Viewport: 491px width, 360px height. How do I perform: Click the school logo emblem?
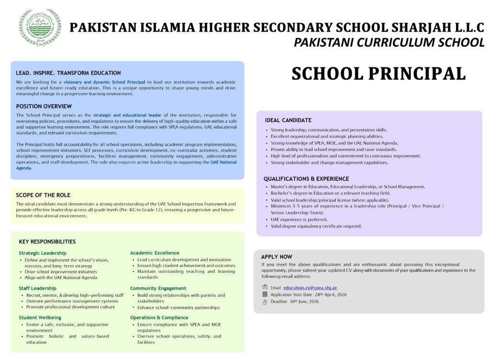(34, 27)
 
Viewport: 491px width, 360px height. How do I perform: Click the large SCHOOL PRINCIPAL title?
(378, 73)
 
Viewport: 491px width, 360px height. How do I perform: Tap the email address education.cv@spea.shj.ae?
(310, 288)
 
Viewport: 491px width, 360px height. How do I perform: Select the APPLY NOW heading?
(277, 257)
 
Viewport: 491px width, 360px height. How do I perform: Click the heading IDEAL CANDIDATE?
(288, 120)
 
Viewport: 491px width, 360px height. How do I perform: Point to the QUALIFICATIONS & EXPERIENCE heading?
(306, 179)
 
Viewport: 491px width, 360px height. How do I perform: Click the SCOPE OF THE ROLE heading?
(43, 195)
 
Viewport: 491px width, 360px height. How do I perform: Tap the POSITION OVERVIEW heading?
(44, 106)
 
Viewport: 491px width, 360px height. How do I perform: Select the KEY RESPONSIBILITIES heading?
(47, 242)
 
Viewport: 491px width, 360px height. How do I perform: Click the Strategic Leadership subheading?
(43, 253)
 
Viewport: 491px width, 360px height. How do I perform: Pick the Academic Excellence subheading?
(154, 253)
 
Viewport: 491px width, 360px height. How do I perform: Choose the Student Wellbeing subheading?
(40, 317)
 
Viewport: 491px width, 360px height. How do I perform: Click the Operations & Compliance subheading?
(159, 317)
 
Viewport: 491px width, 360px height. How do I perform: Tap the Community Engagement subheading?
(158, 288)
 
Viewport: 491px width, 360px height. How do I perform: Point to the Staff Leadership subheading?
(37, 288)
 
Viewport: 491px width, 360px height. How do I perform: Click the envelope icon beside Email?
(265, 288)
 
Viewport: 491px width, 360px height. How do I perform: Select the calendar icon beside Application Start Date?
(265, 294)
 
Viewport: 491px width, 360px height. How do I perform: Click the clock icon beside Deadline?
(265, 302)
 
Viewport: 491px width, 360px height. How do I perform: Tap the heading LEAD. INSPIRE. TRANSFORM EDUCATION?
(68, 73)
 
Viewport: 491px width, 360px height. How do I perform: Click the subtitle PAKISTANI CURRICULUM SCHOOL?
(389, 43)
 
